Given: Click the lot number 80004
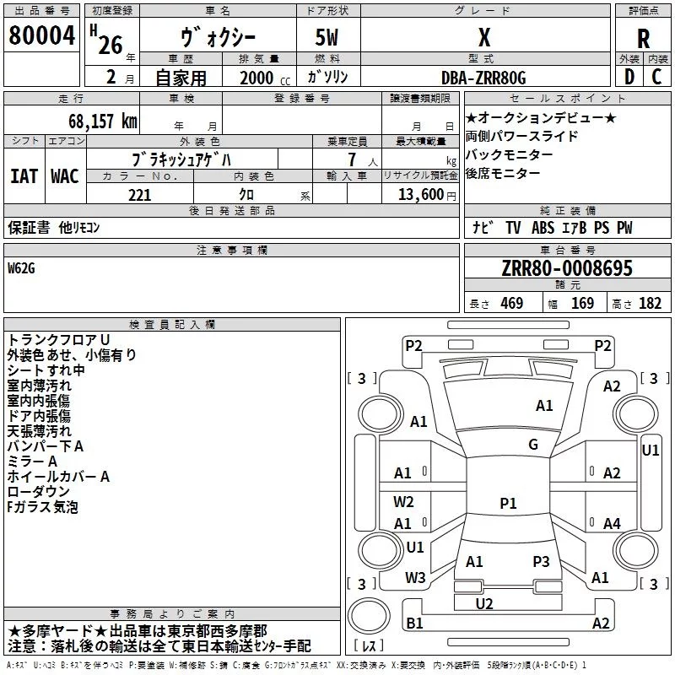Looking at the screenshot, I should [x=42, y=37].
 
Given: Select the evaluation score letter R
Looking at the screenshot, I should [x=643, y=39].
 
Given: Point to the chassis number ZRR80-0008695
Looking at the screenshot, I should [x=568, y=269].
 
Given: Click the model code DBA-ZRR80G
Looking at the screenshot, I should [x=483, y=78].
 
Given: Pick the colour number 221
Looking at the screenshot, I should [x=139, y=195].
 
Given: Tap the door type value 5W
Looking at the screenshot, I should [x=329, y=38].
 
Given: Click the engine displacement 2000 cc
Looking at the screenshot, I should [x=257, y=78].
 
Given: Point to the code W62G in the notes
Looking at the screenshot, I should [x=23, y=269].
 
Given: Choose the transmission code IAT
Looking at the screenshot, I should [x=24, y=176].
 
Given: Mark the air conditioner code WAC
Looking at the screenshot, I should [x=64, y=176].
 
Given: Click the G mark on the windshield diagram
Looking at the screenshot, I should [x=533, y=445].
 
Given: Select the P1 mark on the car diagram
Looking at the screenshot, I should [x=508, y=504].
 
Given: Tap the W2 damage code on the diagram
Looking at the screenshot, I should [x=404, y=502].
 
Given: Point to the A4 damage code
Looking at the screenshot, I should [x=612, y=524].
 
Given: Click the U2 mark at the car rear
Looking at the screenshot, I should [x=484, y=603].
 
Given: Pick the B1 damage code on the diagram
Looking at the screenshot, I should [x=414, y=623].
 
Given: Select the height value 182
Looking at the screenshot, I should [x=650, y=304].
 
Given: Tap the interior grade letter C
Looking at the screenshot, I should [x=657, y=78].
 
